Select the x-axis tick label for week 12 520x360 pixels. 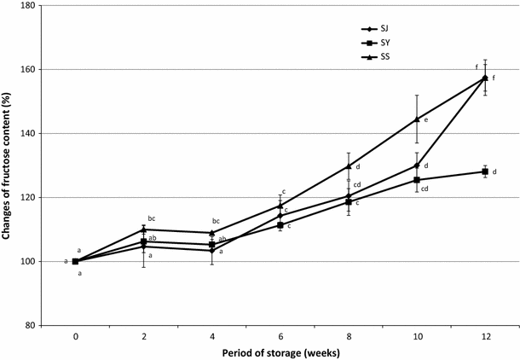point(484,336)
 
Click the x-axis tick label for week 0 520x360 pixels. point(76,336)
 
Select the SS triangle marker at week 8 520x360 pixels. point(349,165)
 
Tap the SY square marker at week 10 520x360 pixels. point(417,180)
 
